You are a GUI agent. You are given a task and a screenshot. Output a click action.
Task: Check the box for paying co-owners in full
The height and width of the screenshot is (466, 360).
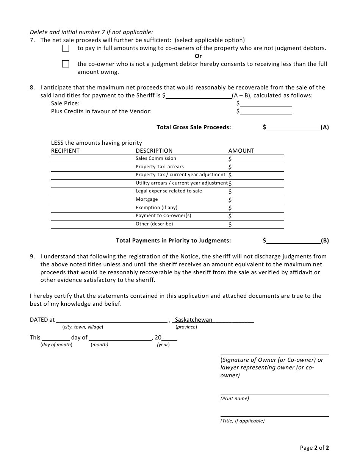[x=66, y=48]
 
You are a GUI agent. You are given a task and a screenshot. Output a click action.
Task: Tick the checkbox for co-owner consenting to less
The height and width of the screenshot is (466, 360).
[x=66, y=64]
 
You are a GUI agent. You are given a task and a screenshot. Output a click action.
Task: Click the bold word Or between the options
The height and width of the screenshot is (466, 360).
[x=198, y=56]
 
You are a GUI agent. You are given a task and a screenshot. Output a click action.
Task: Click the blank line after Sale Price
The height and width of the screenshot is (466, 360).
[x=266, y=103]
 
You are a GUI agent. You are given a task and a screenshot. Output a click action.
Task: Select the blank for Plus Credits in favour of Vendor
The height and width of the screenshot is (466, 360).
[x=266, y=111]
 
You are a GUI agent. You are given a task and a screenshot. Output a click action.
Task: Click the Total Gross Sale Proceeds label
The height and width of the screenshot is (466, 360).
[x=194, y=127]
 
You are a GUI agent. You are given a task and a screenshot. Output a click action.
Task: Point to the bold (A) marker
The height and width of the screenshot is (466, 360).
[x=325, y=127]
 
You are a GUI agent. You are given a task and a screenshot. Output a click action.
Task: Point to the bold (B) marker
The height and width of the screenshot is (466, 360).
[x=325, y=241]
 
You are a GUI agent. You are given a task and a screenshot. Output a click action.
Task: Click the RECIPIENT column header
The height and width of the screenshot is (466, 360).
[x=65, y=151]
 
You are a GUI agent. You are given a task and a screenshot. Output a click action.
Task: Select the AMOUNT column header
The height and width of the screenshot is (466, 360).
[x=241, y=151]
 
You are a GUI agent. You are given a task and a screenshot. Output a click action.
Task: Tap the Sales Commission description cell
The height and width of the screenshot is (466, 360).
[x=156, y=158]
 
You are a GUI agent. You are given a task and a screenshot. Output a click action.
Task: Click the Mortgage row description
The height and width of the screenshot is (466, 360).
[x=147, y=199]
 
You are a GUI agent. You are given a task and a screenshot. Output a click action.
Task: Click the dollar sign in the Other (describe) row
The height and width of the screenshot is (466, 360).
[x=230, y=224]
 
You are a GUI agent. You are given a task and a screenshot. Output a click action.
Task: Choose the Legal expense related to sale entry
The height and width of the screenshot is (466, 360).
[x=169, y=191]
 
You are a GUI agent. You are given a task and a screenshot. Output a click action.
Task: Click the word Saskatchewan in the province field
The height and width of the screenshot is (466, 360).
[x=194, y=320]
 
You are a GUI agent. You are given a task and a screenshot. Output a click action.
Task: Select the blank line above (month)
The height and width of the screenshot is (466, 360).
[x=120, y=337]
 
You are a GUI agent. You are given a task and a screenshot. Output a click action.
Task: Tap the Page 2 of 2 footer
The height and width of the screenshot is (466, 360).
[x=314, y=448]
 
